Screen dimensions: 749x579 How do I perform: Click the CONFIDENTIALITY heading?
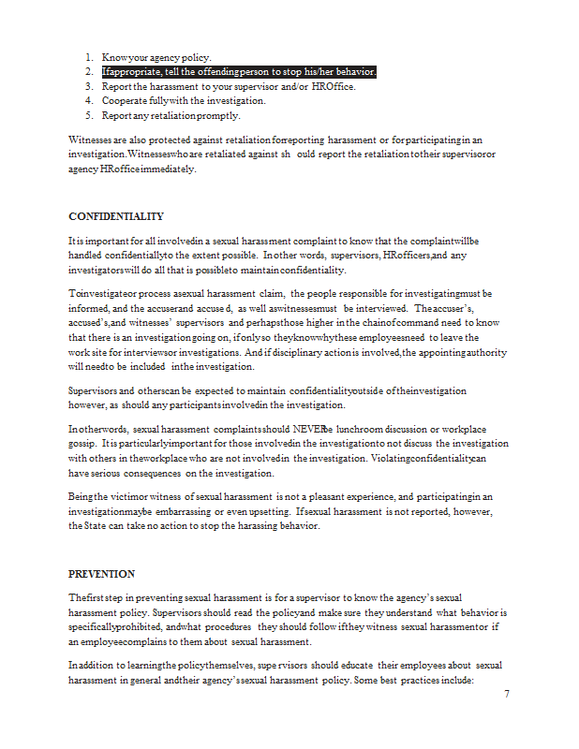pyautogui.click(x=116, y=216)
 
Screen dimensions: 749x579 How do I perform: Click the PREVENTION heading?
pyautogui.click(x=102, y=574)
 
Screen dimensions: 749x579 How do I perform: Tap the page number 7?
pyautogui.click(x=507, y=694)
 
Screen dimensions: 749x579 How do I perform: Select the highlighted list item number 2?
pyautogui.click(x=239, y=71)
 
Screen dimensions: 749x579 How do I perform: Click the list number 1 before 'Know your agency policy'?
pyautogui.click(x=88, y=56)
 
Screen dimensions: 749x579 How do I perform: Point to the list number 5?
pyautogui.click(x=88, y=116)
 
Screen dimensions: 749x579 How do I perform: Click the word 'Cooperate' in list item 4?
pyautogui.click(x=124, y=101)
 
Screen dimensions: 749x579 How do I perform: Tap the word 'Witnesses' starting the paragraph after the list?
pyautogui.click(x=91, y=140)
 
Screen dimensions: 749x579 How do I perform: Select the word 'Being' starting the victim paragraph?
pyautogui.click(x=82, y=497)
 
